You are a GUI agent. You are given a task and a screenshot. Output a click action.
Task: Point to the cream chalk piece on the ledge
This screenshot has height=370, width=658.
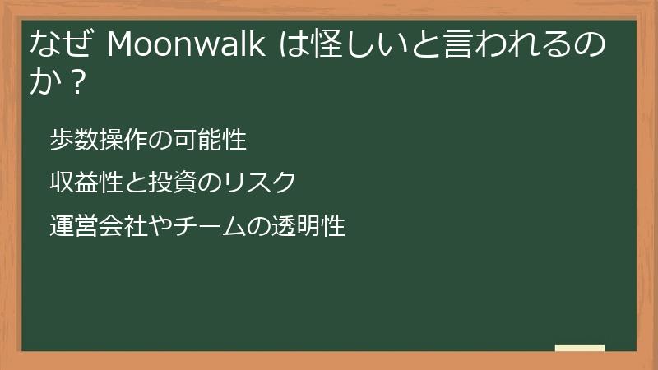(580, 348)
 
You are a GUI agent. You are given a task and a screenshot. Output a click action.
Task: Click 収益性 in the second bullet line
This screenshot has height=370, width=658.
(80, 183)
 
